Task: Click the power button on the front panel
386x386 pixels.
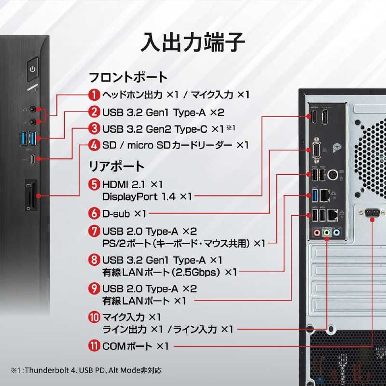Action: (33, 69)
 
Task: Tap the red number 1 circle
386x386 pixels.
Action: (95, 94)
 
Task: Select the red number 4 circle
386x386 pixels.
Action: (95, 145)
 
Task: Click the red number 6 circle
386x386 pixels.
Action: (95, 212)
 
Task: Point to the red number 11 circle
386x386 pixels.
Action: (95, 346)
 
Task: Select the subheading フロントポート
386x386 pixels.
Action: (128, 77)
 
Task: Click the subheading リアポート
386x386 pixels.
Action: (116, 166)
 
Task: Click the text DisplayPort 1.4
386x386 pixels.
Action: (140, 197)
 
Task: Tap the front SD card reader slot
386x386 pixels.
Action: (31, 195)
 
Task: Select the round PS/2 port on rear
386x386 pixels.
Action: (332, 174)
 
